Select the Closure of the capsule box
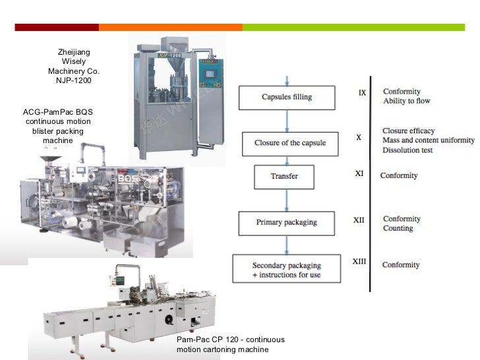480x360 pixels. [291, 143]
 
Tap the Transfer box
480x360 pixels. [284, 176]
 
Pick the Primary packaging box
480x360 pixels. [287, 223]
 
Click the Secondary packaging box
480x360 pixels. [286, 270]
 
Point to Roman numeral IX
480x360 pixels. [362, 93]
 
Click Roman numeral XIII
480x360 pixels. [359, 262]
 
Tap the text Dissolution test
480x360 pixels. [407, 150]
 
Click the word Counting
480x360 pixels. [398, 228]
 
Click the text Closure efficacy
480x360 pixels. [408, 131]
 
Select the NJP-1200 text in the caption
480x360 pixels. [74, 80]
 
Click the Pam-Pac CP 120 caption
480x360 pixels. [230, 340]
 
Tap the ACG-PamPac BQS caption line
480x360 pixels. [58, 112]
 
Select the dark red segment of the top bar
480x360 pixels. [57, 27]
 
